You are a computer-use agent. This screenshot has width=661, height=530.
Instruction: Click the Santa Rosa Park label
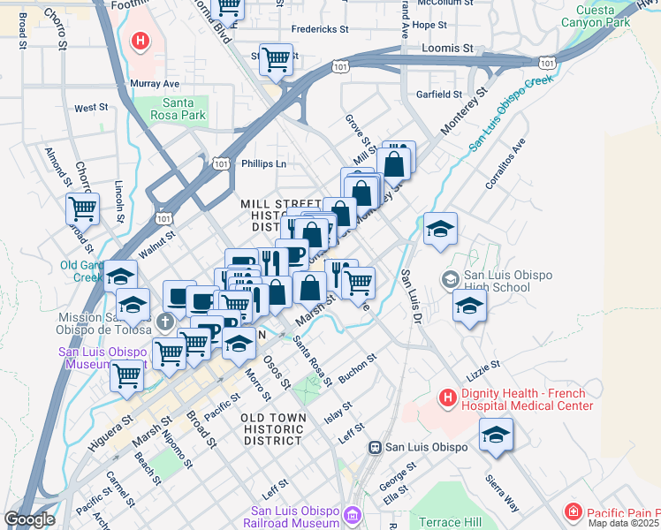coord(184,109)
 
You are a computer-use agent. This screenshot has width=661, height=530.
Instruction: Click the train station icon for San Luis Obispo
coord(376,447)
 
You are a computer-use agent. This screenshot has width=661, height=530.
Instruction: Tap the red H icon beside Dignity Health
coord(447,399)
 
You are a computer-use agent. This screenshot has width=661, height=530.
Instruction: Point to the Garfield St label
coord(440,94)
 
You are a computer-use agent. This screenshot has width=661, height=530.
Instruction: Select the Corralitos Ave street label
coord(505,163)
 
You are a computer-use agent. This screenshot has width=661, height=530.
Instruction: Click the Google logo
coord(29,519)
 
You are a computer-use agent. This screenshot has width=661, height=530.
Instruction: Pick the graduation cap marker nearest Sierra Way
coord(496,435)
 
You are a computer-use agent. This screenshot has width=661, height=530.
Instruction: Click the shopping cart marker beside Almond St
coord(82,209)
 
